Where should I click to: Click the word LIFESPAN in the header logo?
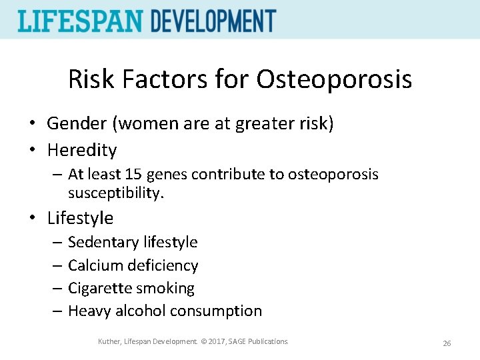(80, 21)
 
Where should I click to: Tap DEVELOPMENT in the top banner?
(213, 21)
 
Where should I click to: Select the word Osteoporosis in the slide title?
(334, 80)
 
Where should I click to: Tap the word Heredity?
(81, 150)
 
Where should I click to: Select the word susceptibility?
(114, 193)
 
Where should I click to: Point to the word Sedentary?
(100, 242)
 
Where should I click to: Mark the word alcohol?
(141, 311)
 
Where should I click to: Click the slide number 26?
(447, 343)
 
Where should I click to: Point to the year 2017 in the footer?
(212, 342)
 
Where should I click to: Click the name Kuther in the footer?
(109, 342)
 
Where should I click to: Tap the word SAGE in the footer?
(237, 342)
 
